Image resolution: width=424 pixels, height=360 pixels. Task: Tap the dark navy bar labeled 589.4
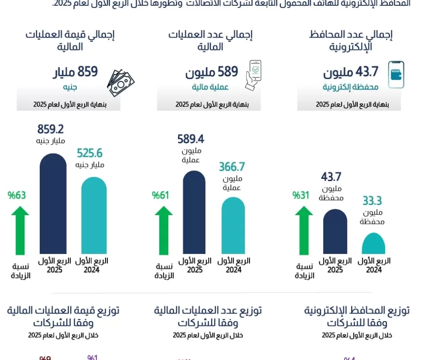coord(194,212)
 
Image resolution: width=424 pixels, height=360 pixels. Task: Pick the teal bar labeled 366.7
coord(233,225)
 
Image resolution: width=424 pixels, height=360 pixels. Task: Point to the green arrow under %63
coord(18,230)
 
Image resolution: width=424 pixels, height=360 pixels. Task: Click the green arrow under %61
coord(163,230)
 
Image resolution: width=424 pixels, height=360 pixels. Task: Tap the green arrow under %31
coord(304,230)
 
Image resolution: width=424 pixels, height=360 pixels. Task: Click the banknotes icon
coord(121,82)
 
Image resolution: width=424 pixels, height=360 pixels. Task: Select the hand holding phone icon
coord(253,75)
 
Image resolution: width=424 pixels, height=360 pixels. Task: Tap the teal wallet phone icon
coord(396,75)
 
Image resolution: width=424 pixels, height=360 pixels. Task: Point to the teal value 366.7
coord(232,167)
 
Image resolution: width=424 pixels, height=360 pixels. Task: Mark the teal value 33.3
coord(372,201)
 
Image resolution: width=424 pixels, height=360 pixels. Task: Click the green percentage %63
coord(17,195)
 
